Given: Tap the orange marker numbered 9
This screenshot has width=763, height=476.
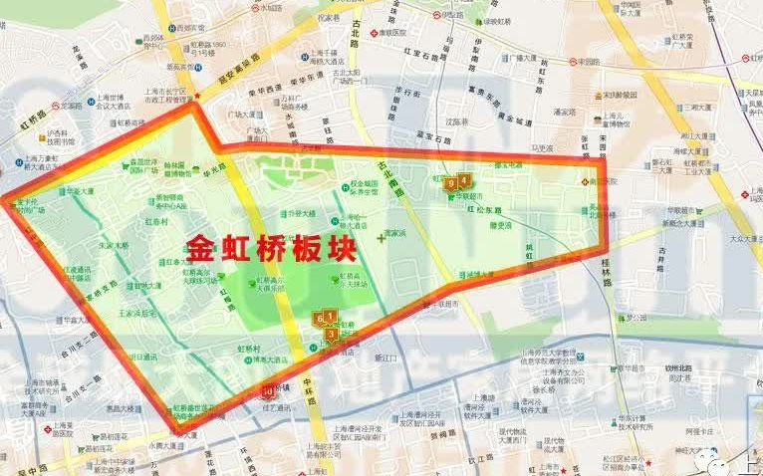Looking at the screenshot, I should tap(451, 183).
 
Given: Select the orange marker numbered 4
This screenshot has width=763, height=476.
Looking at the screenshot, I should tap(464, 180).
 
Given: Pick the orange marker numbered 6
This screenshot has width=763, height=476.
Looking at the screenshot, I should tap(320, 319).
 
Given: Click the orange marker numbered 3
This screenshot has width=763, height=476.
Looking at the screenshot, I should tap(332, 334).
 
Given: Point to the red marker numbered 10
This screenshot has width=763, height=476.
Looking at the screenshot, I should tap(269, 391).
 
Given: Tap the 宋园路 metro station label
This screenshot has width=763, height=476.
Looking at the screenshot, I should tap(588, 62).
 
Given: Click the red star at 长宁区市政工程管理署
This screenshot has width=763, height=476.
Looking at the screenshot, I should tap(199, 97).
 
